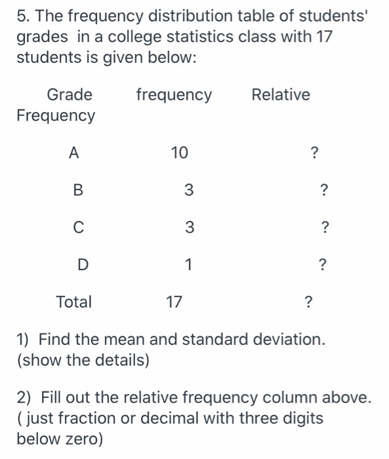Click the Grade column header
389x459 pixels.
[70, 95]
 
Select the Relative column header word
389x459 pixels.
[281, 95]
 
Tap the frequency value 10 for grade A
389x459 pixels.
[178, 153]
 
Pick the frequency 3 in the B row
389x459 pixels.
[188, 191]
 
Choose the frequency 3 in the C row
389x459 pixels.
[188, 228]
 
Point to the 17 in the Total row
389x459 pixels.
[174, 302]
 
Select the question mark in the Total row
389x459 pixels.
[308, 302]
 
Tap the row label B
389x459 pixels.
[78, 191]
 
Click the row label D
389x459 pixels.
[82, 265]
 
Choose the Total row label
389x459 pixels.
[74, 302]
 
